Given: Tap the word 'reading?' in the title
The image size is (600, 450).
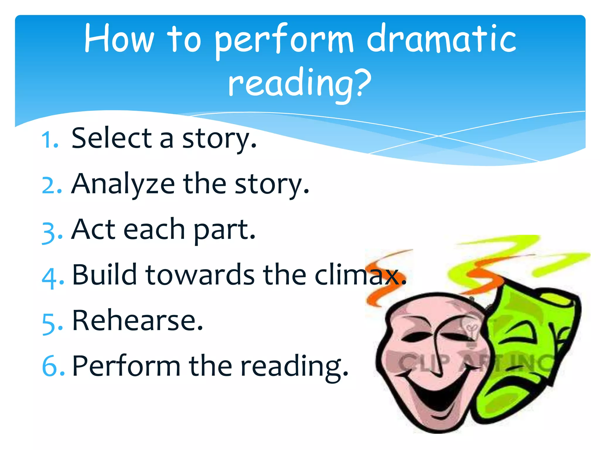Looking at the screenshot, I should pyautogui.click(x=299, y=83).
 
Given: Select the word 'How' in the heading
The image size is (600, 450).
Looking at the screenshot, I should pyautogui.click(x=119, y=40).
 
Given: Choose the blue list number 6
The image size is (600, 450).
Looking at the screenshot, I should pyautogui.click(x=53, y=366).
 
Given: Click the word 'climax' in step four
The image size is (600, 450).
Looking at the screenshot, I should pyautogui.click(x=359, y=275).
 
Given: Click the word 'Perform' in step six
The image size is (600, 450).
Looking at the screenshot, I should pyautogui.click(x=126, y=366).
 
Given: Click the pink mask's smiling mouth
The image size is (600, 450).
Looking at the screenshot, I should pyautogui.click(x=439, y=396).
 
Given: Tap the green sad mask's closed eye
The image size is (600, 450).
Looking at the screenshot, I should pyautogui.click(x=520, y=331).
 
